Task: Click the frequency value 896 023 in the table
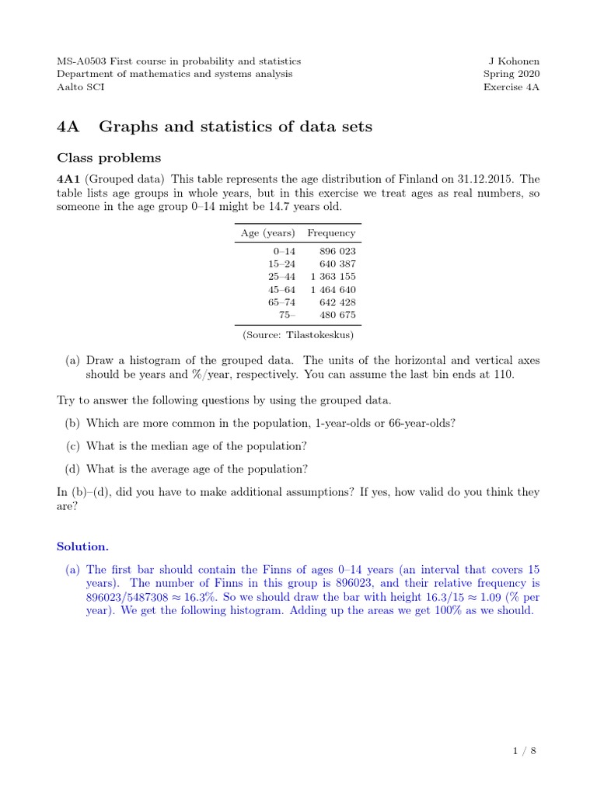coord(338,251)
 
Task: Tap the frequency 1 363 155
coord(333,276)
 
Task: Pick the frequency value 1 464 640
coord(333,289)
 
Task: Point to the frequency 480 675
coord(338,315)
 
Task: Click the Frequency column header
coord(331,232)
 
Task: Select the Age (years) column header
coord(268,232)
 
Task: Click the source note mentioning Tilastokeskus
coord(298,334)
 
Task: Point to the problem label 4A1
coord(68,179)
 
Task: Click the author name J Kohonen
coord(513,61)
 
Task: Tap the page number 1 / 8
coord(525,750)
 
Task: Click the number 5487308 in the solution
coord(143,597)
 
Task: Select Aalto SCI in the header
coord(81,87)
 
